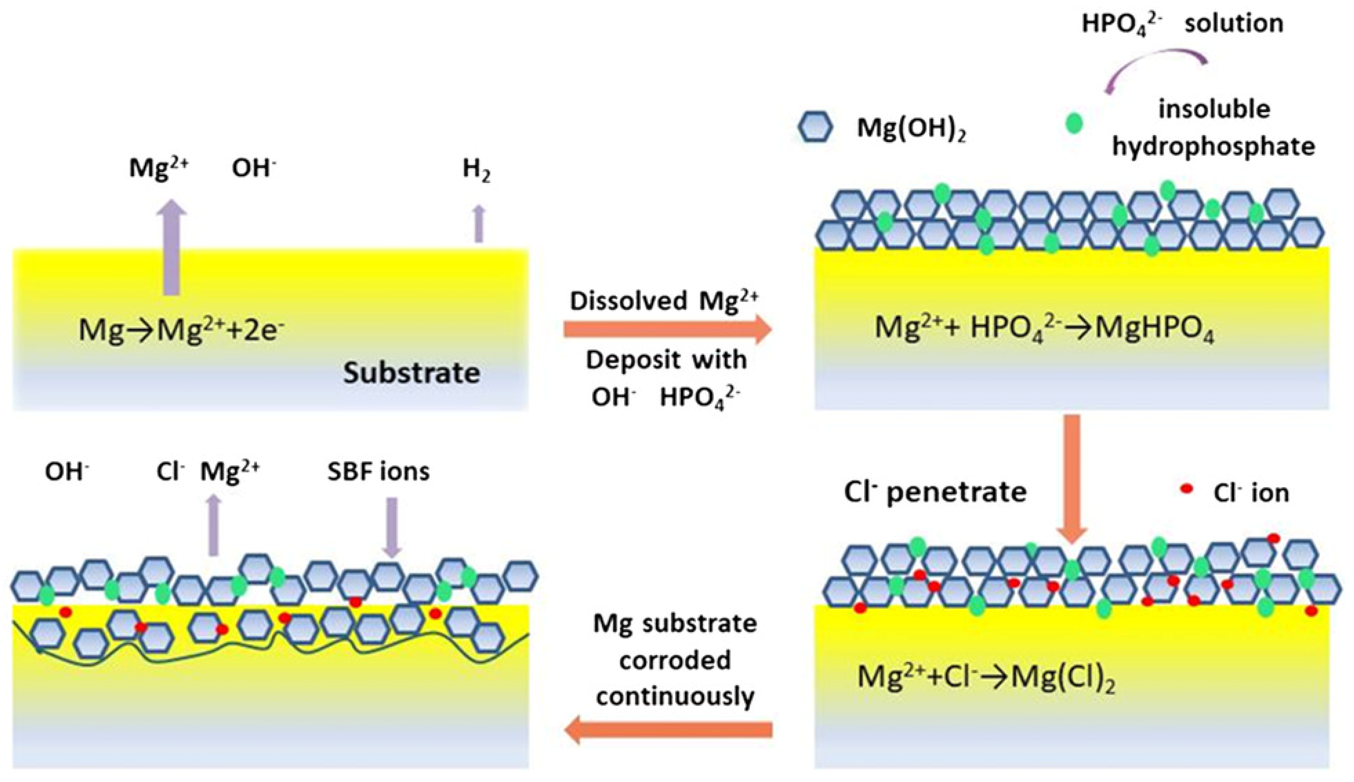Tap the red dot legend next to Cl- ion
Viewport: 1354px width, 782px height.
pos(1186,489)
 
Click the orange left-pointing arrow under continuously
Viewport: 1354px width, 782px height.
pos(668,729)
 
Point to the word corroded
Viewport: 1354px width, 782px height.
pos(675,660)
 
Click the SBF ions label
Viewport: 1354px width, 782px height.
pos(378,472)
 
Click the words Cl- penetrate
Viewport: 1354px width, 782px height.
pos(935,492)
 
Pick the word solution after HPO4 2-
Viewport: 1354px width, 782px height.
pos(1234,24)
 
